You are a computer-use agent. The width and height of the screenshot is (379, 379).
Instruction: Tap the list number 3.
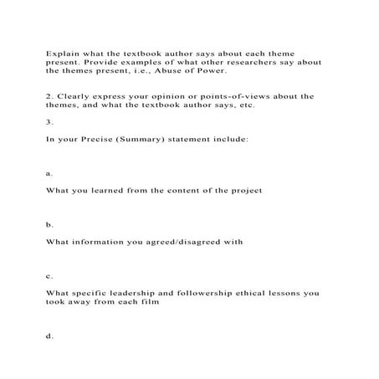(x=49, y=120)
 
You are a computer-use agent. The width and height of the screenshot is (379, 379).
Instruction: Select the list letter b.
(x=49, y=224)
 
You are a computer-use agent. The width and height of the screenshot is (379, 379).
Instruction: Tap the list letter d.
(x=49, y=336)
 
